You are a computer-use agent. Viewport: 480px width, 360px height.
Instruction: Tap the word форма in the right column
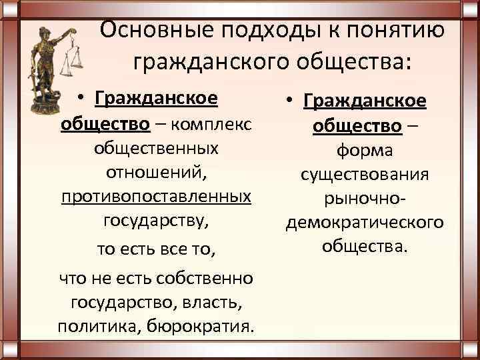(x=364, y=151)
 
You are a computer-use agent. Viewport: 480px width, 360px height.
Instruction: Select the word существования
(x=364, y=175)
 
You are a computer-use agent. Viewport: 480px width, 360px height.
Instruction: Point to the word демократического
(x=364, y=223)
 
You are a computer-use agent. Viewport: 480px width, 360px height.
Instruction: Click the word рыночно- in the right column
(x=364, y=199)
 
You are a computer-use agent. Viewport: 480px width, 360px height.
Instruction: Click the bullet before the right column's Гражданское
(x=291, y=103)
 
